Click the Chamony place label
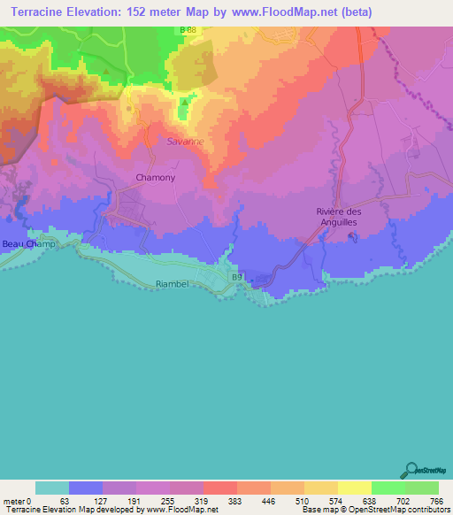155,178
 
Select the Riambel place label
172,285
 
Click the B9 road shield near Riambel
237,277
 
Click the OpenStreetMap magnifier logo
410,470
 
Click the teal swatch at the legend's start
52,488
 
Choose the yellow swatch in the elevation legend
355,488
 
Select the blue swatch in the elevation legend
86,488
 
